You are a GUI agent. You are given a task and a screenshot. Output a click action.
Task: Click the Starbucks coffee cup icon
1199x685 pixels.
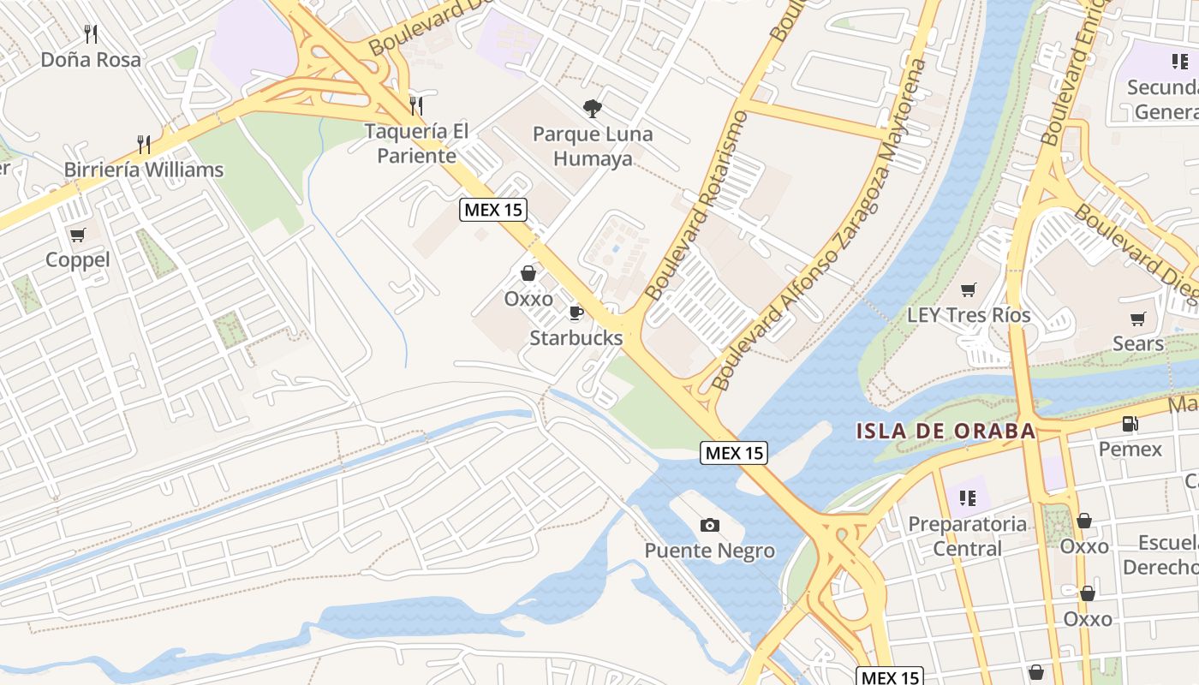[x=576, y=313]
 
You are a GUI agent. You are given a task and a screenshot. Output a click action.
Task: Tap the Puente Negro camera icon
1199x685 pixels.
[x=709, y=525]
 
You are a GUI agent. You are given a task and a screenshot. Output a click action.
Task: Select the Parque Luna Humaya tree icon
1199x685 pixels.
[x=592, y=109]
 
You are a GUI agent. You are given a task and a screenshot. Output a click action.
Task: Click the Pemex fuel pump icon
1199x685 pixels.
[x=1130, y=424]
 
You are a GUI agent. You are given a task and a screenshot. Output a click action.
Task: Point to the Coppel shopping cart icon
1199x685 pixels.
[x=78, y=235]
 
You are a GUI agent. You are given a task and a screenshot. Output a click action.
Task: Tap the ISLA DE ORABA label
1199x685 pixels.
[x=945, y=431]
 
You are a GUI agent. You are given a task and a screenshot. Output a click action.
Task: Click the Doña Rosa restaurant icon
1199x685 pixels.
[x=91, y=34]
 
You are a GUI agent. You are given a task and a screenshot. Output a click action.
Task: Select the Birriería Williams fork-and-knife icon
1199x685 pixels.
[x=144, y=144]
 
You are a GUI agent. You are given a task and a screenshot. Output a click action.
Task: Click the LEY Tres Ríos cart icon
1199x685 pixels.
[x=969, y=289]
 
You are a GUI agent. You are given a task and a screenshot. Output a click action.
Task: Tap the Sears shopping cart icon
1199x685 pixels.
[x=1138, y=319]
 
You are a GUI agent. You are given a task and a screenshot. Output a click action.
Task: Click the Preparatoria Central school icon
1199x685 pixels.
[x=968, y=497]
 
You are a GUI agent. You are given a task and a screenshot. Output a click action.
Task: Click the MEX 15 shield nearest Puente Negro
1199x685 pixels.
[x=734, y=453]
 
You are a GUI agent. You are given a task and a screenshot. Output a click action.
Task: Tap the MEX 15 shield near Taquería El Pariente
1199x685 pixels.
[x=492, y=210]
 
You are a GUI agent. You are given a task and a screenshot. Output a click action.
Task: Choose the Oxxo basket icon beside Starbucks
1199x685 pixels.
[x=528, y=273]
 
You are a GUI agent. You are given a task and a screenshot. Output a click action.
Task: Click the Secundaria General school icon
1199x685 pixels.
[x=1180, y=62]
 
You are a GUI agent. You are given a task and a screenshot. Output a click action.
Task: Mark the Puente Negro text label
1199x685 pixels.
[x=709, y=551]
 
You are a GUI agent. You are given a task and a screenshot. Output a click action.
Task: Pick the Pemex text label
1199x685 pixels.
[x=1130, y=450]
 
